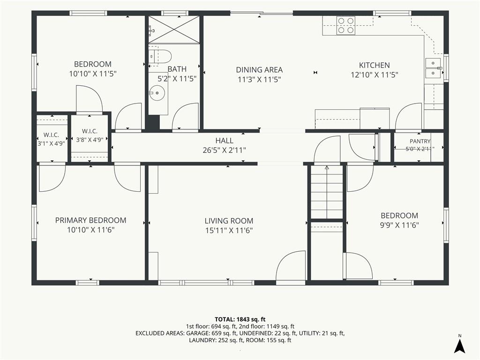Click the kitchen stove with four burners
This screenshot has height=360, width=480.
(x=346, y=25)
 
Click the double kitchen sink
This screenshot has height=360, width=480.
(x=433, y=67)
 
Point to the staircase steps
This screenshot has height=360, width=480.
(x=327, y=192)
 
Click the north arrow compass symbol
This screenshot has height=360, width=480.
(x=459, y=345)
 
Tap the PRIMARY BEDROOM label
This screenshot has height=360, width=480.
(x=90, y=220)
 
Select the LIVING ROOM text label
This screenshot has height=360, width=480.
(x=229, y=221)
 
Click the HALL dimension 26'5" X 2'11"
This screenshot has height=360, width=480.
(x=225, y=150)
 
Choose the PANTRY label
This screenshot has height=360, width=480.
(x=420, y=141)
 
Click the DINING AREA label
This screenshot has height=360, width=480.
(x=259, y=70)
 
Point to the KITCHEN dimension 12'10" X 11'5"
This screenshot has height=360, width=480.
(x=375, y=75)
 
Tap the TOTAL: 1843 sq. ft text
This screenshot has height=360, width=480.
(x=240, y=320)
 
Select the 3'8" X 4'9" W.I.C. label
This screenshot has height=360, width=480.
(x=90, y=140)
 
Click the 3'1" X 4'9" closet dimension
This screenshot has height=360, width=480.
(x=51, y=143)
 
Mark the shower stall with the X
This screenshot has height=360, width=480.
(x=174, y=29)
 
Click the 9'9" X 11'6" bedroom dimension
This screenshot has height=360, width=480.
(x=399, y=225)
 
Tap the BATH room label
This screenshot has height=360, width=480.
(x=177, y=69)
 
